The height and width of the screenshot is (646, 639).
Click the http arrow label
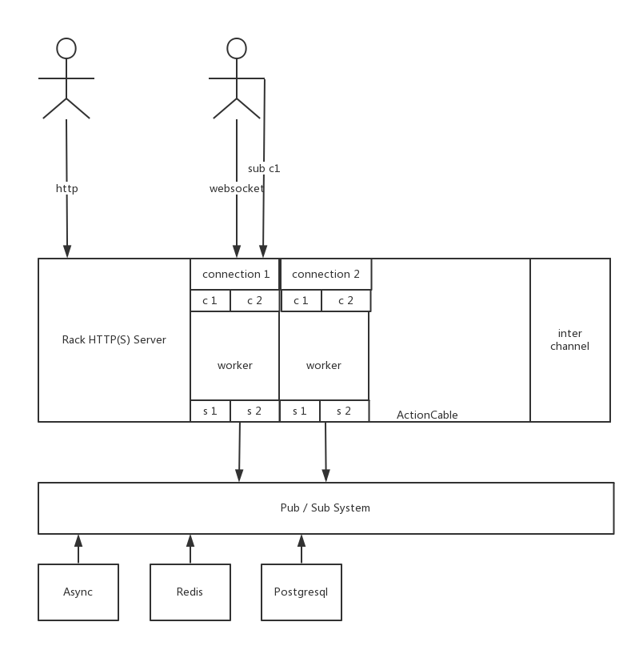click(x=67, y=189)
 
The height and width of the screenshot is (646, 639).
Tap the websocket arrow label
click(x=236, y=189)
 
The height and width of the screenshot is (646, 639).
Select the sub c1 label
click(x=264, y=168)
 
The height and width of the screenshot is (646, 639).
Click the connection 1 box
click(x=235, y=274)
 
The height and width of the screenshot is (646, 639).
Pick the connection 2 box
click(x=325, y=274)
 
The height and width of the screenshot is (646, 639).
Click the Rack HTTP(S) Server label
click(x=114, y=339)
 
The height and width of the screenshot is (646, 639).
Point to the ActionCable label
click(x=427, y=415)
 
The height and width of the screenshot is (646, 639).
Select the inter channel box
click(x=569, y=339)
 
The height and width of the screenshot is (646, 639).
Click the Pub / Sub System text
click(x=325, y=508)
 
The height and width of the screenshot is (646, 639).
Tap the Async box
click(x=78, y=592)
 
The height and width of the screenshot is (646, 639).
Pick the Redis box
click(x=190, y=592)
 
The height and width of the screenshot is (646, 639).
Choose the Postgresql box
click(x=301, y=592)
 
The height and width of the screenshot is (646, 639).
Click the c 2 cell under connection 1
click(x=254, y=301)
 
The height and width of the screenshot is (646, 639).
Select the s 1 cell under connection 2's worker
click(x=300, y=411)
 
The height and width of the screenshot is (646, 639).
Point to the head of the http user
click(x=66, y=49)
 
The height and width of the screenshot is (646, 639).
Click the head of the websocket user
click(x=237, y=49)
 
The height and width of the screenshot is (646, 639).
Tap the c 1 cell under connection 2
click(x=301, y=301)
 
